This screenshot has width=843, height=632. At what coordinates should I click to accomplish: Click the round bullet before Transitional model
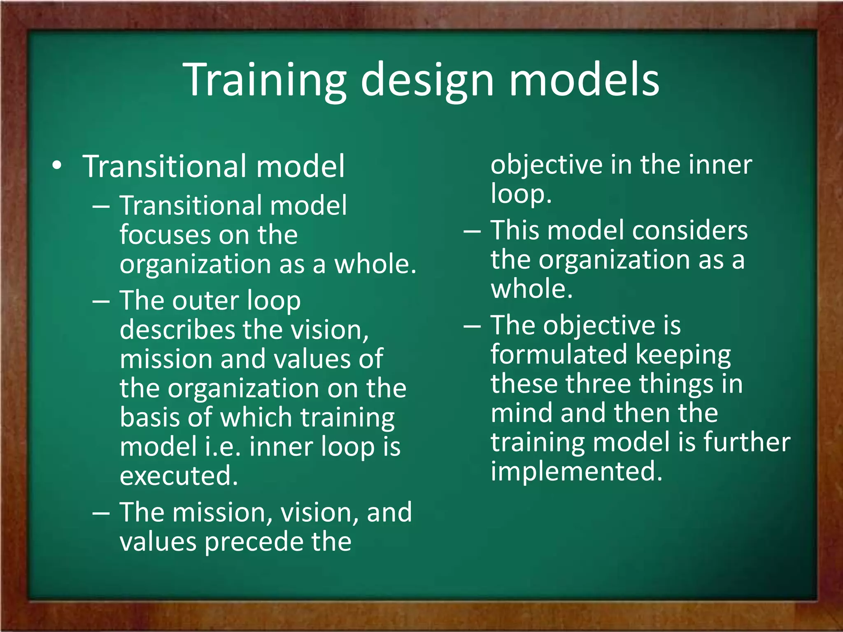pyautogui.click(x=57, y=166)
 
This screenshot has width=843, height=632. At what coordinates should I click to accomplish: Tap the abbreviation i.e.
pyautogui.click(x=223, y=446)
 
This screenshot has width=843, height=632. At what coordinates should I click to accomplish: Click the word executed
pyautogui.click(x=179, y=476)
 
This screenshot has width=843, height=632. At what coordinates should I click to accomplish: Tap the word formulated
pyautogui.click(x=559, y=354)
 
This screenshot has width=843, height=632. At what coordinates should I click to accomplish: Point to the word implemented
pyautogui.click(x=576, y=471)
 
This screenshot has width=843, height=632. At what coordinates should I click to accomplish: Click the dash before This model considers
pyautogui.click(x=472, y=231)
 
